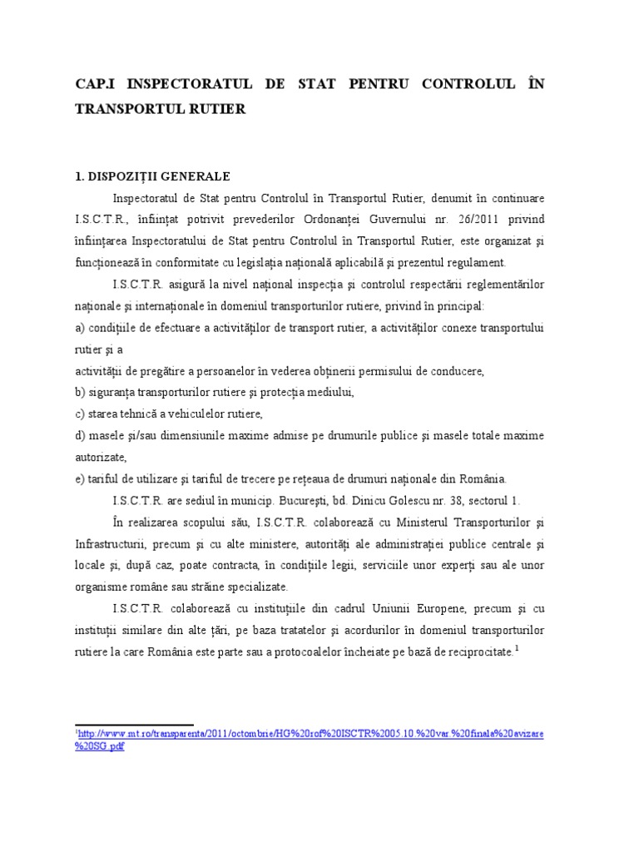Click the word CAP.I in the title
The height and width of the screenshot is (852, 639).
97,85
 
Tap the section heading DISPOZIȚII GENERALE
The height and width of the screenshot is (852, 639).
160,176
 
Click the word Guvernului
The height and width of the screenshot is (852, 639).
412,220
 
